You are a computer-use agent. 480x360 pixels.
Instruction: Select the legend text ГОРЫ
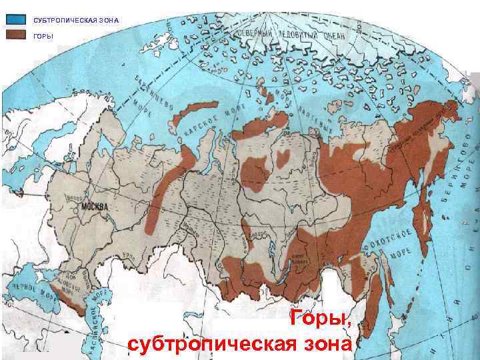coord(43,35)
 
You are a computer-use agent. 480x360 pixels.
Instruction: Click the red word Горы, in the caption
coord(320,320)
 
